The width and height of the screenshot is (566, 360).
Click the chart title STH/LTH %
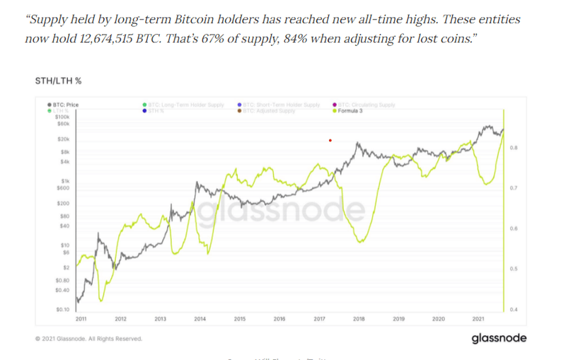[x=58, y=81]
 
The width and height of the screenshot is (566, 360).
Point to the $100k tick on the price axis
[x=62, y=117]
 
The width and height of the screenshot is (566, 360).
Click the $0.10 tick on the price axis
[x=62, y=310]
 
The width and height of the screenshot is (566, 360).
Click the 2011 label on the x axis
[x=81, y=319]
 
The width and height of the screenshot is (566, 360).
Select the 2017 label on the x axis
[x=319, y=319]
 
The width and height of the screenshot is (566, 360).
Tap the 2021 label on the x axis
[x=478, y=319]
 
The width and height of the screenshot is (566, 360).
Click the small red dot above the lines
[x=330, y=140]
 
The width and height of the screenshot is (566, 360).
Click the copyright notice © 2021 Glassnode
[x=88, y=339]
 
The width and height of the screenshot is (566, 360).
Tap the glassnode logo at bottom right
[x=499, y=338]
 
